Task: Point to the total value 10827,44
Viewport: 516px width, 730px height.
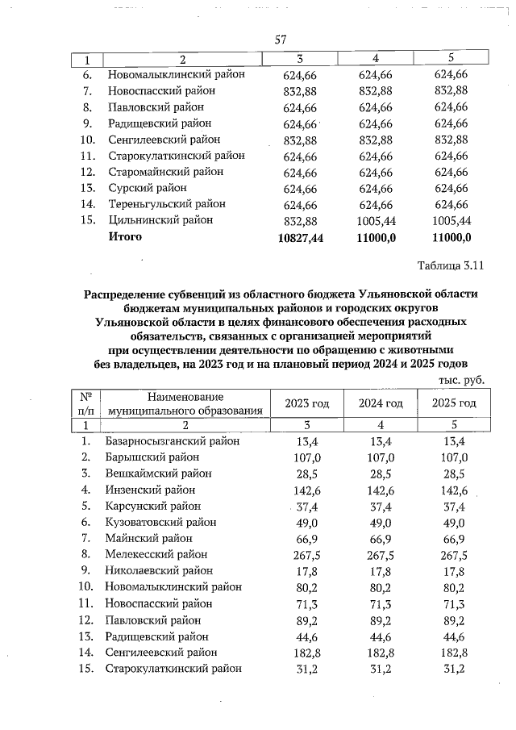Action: point(298,237)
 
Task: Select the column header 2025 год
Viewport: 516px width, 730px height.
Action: point(454,403)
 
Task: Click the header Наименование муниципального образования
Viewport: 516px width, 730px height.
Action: point(186,403)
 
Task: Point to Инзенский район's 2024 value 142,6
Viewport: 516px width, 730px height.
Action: point(376,490)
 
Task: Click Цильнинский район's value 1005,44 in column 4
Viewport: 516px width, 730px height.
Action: point(376,219)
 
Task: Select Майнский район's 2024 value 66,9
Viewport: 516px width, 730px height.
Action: point(376,538)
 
